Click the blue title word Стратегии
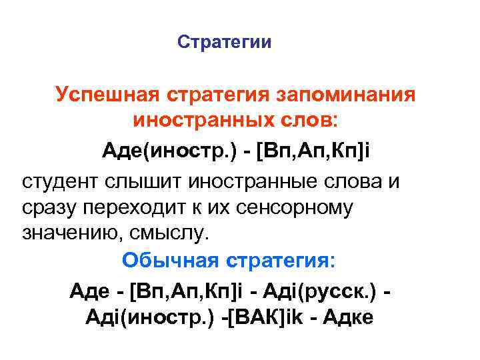[225, 43]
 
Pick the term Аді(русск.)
[327, 291]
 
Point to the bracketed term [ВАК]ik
[267, 319]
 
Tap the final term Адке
[349, 319]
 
